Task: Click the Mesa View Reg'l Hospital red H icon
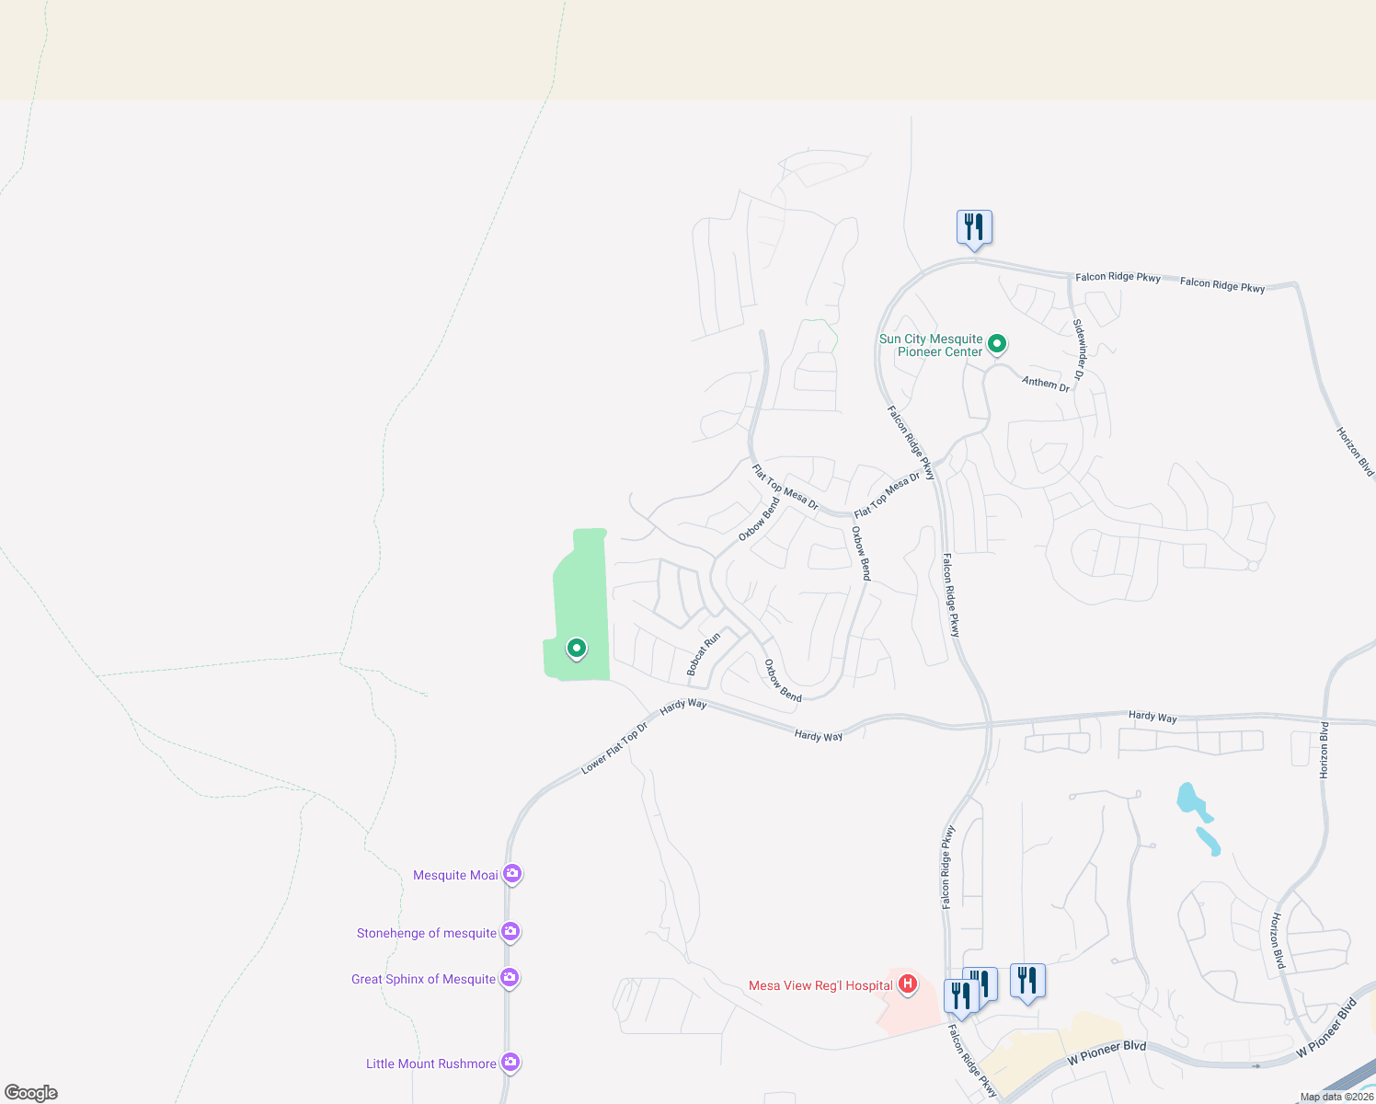click(907, 984)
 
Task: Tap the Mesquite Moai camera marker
click(512, 874)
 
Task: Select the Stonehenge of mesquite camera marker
click(510, 932)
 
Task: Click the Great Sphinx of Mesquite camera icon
click(510, 978)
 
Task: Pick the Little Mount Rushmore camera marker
click(510, 1063)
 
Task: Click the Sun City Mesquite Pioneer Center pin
click(996, 344)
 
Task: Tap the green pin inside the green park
click(576, 649)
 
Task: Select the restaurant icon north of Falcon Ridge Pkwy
click(974, 226)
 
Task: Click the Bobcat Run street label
click(705, 654)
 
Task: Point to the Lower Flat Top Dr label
click(614, 747)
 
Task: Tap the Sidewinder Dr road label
click(1080, 349)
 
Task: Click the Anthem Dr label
click(1046, 383)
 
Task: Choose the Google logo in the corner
click(31, 1093)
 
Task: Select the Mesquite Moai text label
click(455, 875)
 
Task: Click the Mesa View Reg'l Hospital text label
click(820, 985)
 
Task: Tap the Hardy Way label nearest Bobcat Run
click(683, 705)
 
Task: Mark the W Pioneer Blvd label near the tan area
click(1107, 1052)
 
